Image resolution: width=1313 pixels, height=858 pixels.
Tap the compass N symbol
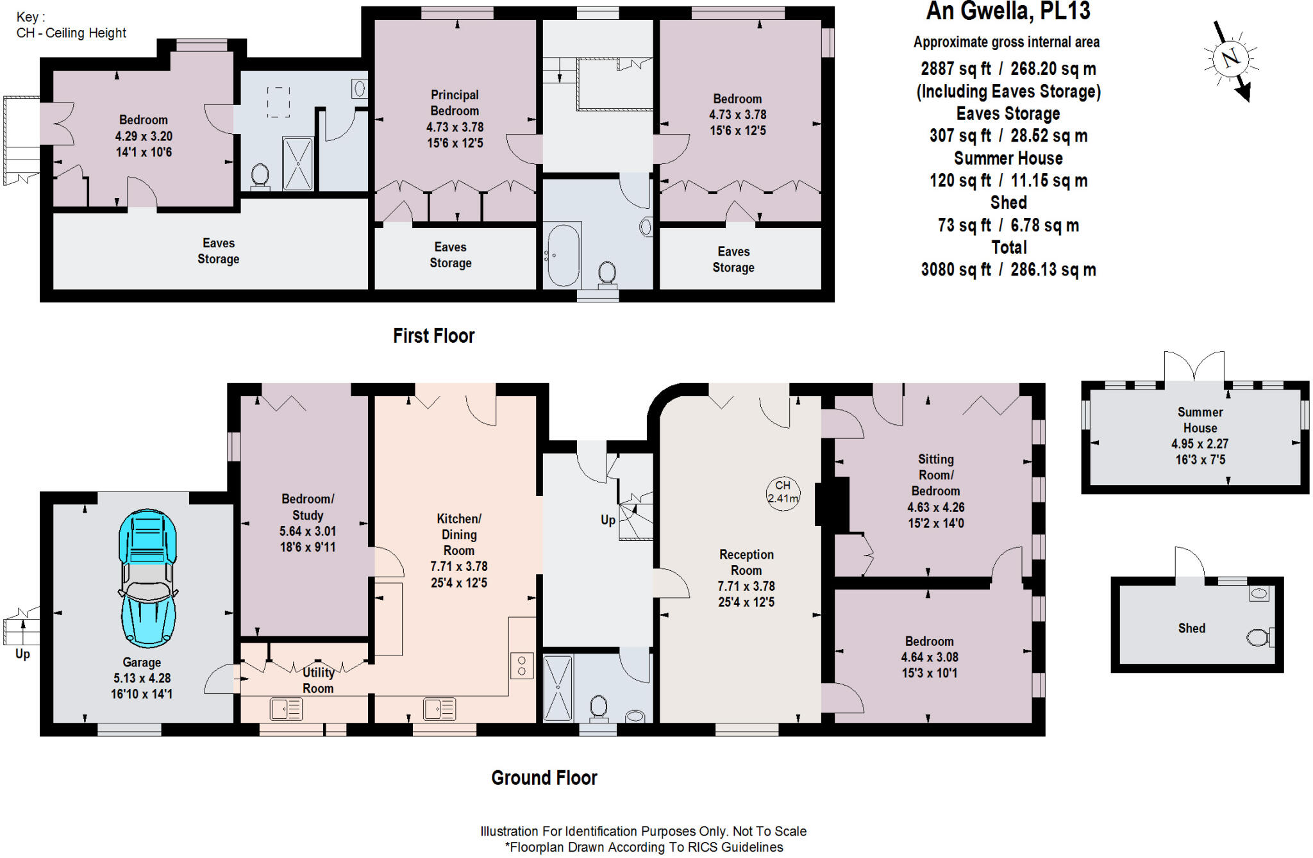[1230, 59]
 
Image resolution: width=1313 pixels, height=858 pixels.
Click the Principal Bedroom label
[455, 103]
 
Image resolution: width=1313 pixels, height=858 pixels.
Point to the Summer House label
[1200, 420]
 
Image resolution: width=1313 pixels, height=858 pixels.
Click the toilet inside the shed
[1259, 637]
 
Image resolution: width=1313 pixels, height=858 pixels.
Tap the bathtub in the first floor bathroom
[562, 255]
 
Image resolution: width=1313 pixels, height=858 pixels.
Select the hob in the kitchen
[522, 665]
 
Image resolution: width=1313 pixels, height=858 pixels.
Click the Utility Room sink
[286, 709]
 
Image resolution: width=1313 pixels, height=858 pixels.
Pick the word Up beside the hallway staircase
[608, 520]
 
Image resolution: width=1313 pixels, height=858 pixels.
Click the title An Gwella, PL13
[1008, 12]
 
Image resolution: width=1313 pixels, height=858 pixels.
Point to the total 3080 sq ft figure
[1008, 270]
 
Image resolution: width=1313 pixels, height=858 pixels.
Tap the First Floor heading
[433, 336]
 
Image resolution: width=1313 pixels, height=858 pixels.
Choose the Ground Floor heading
[544, 778]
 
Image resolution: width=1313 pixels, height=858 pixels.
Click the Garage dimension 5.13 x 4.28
[142, 678]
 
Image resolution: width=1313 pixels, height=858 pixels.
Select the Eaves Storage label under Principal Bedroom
[450, 255]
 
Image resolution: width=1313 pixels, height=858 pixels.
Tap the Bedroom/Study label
[307, 507]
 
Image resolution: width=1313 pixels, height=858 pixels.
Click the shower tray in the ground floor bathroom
[558, 688]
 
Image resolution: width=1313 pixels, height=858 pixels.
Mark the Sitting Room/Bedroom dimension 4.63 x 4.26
[935, 507]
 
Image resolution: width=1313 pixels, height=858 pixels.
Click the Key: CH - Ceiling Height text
[71, 26]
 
